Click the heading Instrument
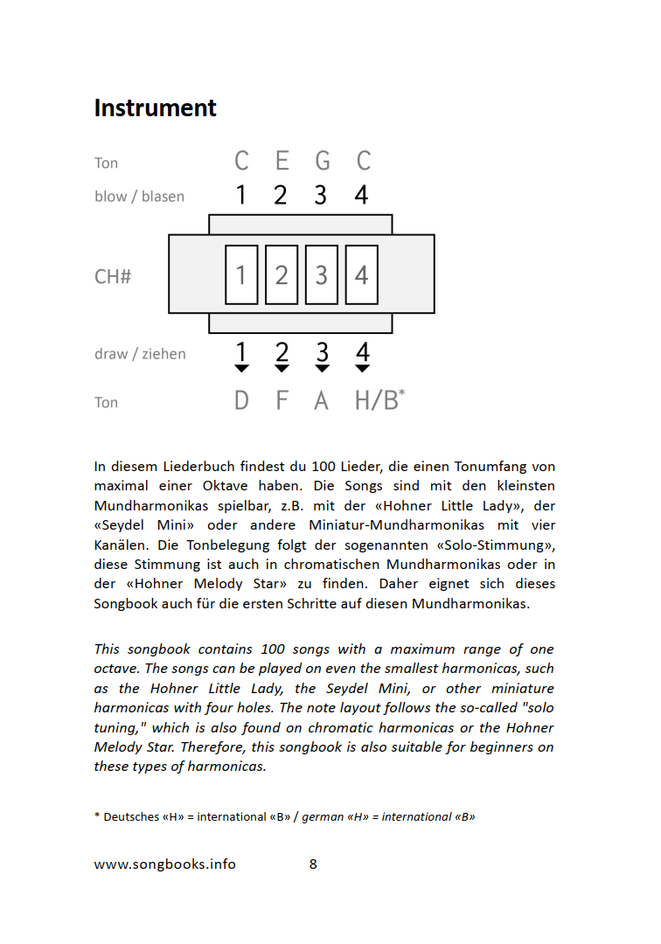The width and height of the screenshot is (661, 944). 155,108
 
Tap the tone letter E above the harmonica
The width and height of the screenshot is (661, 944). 282,162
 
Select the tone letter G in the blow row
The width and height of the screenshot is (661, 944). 322,162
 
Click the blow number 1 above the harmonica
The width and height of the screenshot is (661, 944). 240,195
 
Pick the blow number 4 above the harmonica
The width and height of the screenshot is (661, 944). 361,195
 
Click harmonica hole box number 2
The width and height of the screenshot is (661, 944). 282,274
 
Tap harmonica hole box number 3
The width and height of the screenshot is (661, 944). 321,274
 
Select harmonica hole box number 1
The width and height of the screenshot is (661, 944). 241,274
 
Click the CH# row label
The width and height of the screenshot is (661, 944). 113,277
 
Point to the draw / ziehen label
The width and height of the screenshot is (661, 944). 140,354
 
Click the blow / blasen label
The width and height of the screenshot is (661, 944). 139,197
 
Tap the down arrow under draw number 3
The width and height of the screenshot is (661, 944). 322,369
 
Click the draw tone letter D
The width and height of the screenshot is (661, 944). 241,401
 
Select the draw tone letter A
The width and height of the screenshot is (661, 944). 321,401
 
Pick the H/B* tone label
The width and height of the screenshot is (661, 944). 379,400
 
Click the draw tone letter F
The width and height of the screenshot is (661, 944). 282,401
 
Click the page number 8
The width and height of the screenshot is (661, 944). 313,864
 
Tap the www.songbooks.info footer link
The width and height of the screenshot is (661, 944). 164,864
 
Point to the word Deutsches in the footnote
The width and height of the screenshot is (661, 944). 131,817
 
